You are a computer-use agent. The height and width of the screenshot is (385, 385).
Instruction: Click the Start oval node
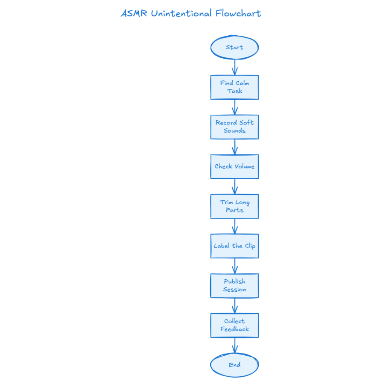point(234,48)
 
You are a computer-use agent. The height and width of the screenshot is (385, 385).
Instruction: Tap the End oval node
point(234,365)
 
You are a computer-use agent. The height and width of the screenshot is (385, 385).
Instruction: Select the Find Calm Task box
point(234,87)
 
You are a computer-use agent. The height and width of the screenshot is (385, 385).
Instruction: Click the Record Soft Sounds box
point(234,127)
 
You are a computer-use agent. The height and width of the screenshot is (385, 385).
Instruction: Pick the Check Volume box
point(234,167)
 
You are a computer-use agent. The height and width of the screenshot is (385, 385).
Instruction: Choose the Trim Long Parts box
point(234,206)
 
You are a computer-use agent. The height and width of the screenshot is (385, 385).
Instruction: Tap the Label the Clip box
point(234,246)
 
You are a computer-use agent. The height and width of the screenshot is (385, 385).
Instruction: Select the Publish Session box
point(234,286)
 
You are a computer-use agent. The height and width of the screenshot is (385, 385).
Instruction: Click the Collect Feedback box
point(234,325)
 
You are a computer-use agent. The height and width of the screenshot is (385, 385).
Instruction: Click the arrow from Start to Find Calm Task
point(235,67)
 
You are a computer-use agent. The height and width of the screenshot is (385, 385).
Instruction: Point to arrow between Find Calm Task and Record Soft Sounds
point(235,107)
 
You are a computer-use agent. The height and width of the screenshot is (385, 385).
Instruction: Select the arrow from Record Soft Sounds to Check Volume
point(235,147)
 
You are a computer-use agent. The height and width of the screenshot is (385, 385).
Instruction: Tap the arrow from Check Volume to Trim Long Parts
point(235,186)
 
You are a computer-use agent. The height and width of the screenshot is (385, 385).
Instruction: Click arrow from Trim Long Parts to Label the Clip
point(235,226)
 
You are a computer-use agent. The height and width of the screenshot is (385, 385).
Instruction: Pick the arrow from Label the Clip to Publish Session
point(235,266)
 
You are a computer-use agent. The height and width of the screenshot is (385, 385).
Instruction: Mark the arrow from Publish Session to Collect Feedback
point(235,306)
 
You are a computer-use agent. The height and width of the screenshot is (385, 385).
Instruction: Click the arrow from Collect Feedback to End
point(235,346)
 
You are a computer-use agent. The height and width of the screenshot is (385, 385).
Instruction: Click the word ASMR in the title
point(134,14)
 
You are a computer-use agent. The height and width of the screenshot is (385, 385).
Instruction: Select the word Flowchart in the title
point(238,14)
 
